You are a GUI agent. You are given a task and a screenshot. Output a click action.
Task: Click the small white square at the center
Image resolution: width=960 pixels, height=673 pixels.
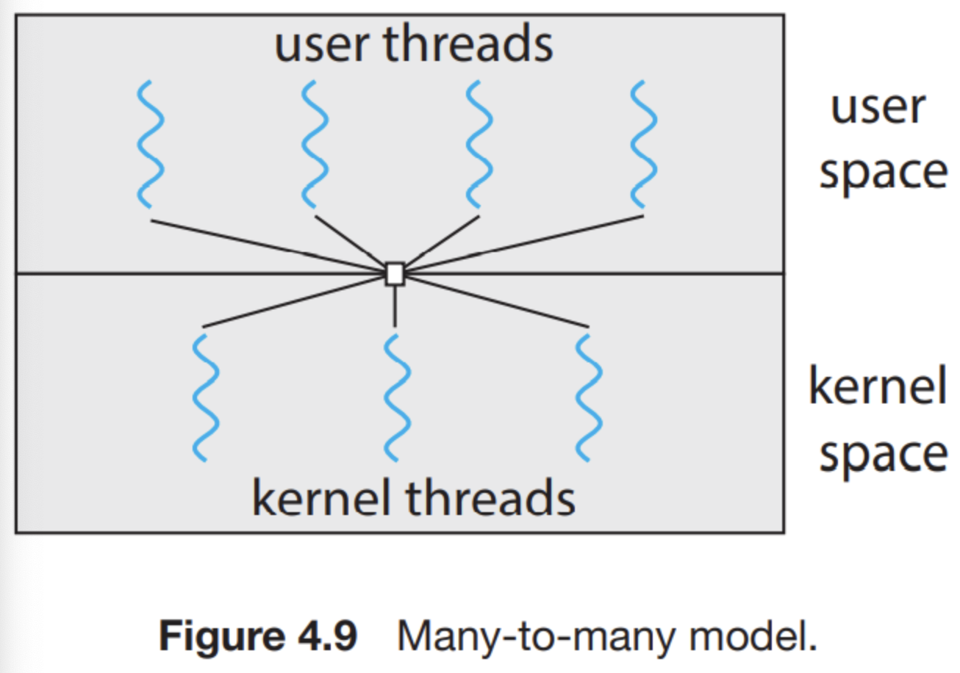tap(395, 273)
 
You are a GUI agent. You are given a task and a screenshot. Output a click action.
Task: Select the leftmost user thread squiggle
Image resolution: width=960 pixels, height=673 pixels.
tap(150, 144)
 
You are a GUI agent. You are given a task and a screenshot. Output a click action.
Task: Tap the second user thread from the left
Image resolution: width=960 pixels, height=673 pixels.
tap(315, 144)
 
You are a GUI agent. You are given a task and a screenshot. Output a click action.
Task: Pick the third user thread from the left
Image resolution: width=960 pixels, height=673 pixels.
tap(479, 144)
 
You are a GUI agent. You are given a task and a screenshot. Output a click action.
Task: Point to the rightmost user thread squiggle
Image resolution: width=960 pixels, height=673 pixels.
tap(643, 144)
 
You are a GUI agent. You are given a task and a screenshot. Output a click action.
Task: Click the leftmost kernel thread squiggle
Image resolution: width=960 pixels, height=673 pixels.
tap(206, 397)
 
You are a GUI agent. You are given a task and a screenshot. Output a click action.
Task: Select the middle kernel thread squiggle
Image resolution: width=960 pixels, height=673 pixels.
tap(395, 397)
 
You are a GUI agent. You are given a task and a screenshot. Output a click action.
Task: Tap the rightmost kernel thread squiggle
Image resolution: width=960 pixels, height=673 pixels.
tap(589, 397)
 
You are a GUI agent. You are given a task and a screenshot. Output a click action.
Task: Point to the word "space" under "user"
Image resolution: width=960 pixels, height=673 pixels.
tap(882, 173)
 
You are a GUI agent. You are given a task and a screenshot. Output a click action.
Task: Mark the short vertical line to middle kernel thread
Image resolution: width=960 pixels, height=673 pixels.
tap(395, 306)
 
